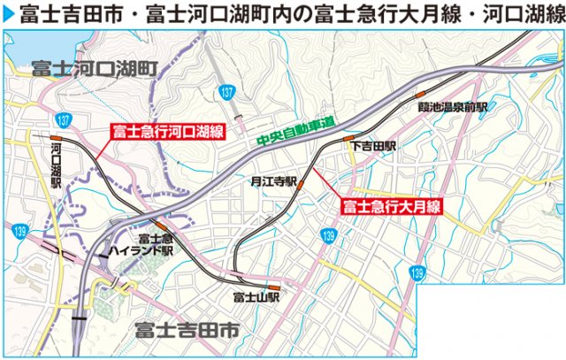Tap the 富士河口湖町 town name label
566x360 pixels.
click(x=92, y=68)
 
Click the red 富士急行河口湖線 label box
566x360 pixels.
click(x=165, y=133)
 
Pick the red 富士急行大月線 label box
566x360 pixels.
click(x=390, y=205)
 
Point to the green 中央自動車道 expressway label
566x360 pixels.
click(x=287, y=134)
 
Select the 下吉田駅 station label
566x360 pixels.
click(x=372, y=145)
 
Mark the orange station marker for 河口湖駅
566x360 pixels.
click(x=56, y=139)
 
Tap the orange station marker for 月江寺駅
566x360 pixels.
click(x=301, y=184)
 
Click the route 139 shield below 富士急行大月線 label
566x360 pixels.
click(x=329, y=235)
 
